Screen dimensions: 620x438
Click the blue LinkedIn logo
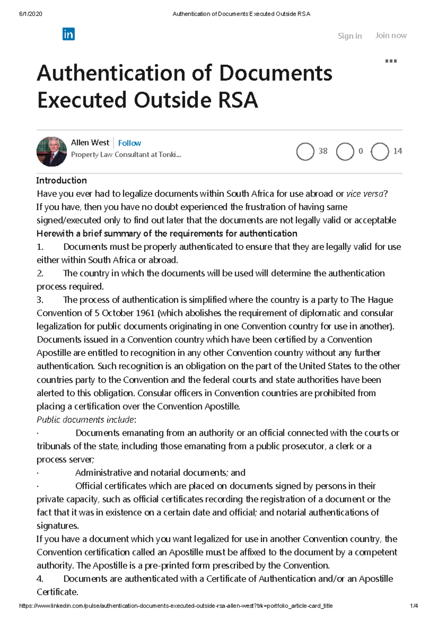(69, 34)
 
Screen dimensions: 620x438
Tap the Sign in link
(349, 36)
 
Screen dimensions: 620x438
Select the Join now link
(391, 35)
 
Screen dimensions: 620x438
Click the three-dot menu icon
(391, 61)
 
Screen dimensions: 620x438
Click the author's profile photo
(52, 152)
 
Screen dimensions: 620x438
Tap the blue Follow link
(129, 143)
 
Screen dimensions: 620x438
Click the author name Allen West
(90, 142)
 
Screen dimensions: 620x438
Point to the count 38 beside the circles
(323, 151)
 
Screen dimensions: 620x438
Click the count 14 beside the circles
(397, 151)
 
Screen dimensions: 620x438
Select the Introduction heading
(61, 180)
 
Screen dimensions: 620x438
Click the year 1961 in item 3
(145, 313)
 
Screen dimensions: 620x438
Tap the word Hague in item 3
(380, 300)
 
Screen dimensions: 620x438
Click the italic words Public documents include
(86, 420)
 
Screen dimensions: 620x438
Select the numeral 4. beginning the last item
(40, 579)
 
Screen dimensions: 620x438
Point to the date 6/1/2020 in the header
(30, 14)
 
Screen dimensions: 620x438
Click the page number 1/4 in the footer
(414, 606)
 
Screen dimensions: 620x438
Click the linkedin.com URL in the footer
(176, 606)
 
